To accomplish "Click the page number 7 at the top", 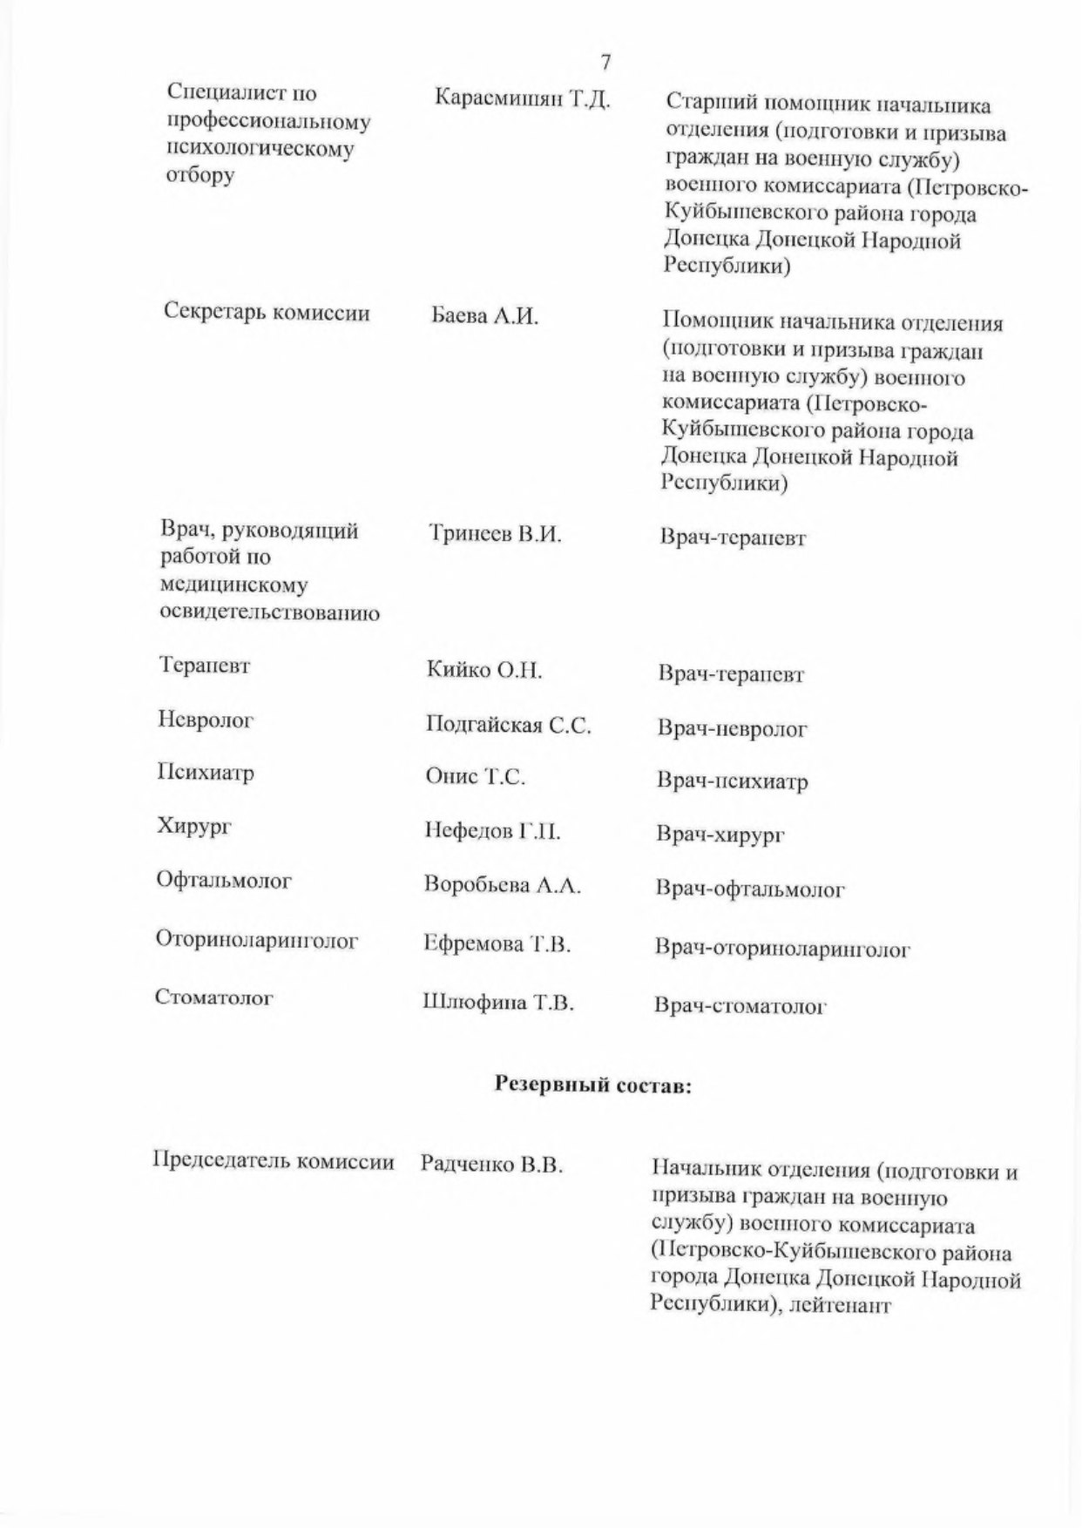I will [605, 62].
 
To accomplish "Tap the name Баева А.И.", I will [485, 316].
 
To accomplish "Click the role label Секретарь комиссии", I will [267, 314].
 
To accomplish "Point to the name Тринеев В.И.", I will [495, 534].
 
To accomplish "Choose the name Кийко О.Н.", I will [484, 671].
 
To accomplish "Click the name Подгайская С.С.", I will [508, 725].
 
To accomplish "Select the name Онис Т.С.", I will [475, 777].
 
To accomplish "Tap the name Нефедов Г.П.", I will [492, 831].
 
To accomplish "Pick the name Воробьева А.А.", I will [502, 885].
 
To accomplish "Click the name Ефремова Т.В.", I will [497, 943].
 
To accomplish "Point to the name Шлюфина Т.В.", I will [497, 1003].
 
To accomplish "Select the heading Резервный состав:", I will [592, 1085].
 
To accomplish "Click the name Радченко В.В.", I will [491, 1164].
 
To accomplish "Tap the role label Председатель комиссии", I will [274, 1161].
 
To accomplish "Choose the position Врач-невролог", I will [732, 728].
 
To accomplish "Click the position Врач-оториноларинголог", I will [782, 949].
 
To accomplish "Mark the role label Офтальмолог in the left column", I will [224, 881].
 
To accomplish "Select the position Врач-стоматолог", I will [740, 1007].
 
